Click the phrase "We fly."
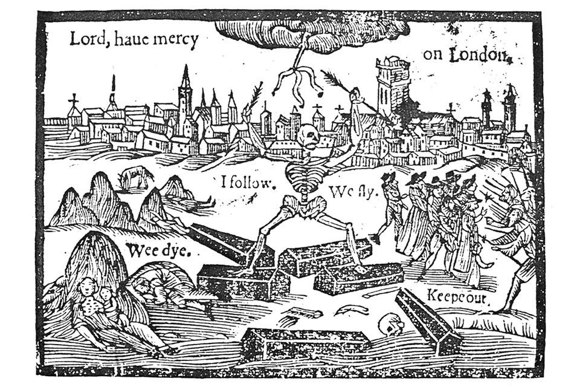pyautogui.click(x=352, y=192)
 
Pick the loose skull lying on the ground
pyautogui.click(x=390, y=325)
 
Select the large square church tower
pyautogui.click(x=392, y=85)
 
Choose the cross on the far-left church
pyautogui.click(x=74, y=99)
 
